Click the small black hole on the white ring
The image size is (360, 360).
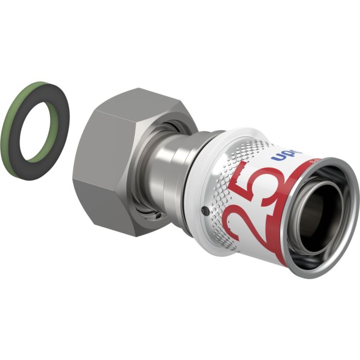[x=205, y=211]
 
